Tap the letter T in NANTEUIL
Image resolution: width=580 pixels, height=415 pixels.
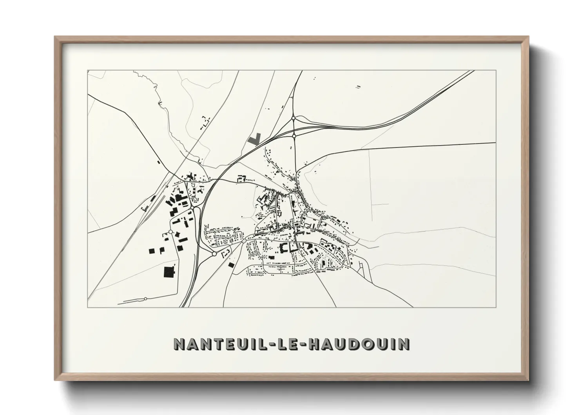(x=216, y=344)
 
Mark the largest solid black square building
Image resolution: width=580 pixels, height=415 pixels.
(x=169, y=271)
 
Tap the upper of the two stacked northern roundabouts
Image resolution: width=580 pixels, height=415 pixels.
(x=294, y=118)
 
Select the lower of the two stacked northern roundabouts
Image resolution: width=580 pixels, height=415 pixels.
(x=294, y=136)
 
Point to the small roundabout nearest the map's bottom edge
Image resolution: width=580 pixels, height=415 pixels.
(x=145, y=299)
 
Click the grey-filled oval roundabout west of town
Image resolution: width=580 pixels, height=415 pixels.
(x=195, y=202)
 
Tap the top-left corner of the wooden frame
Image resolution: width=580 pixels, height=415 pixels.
(x=55, y=37)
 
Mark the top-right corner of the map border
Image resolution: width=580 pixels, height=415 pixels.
(x=496, y=71)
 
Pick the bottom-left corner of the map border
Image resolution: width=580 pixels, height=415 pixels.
(x=88, y=307)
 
